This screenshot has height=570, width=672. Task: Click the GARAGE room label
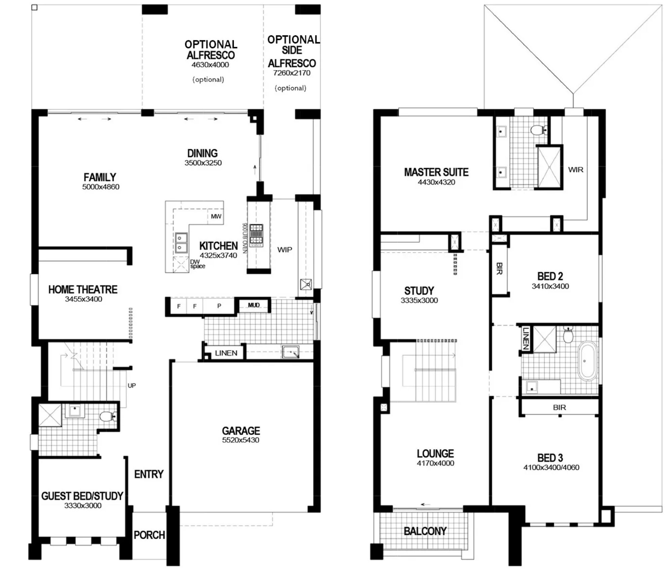(241, 431)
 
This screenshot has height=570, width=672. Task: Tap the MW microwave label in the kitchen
(216, 216)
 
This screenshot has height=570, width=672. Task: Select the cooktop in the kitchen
(256, 235)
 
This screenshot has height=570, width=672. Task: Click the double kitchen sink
(181, 243)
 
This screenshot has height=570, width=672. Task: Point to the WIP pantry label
(284, 250)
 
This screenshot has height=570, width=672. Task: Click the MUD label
(254, 305)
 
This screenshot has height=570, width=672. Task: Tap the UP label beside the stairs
(132, 385)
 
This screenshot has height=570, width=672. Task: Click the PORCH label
(149, 535)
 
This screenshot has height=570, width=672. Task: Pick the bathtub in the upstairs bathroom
(588, 361)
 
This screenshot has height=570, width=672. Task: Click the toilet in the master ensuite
(539, 130)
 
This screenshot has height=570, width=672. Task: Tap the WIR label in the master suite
(576, 170)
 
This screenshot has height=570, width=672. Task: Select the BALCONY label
(425, 531)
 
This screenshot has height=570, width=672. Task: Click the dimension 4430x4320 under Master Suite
(436, 182)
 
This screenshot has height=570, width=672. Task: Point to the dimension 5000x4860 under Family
(101, 187)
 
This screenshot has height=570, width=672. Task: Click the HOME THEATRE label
(83, 289)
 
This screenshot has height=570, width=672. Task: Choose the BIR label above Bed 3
(559, 408)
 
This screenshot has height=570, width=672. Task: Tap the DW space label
(198, 264)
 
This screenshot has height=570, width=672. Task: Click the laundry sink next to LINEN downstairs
(291, 352)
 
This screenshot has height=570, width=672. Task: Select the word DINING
(202, 153)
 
